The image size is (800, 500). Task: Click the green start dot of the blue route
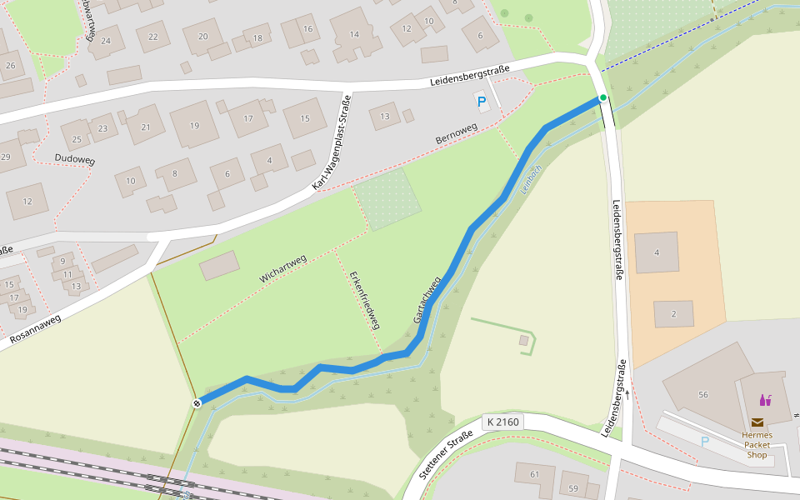click(602, 98)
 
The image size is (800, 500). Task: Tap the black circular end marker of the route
click(197, 403)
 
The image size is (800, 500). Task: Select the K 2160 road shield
click(502, 422)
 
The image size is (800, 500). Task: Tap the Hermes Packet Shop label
click(757, 445)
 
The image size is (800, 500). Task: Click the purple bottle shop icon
click(765, 400)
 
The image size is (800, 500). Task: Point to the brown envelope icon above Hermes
click(757, 422)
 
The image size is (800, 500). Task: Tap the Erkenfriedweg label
click(365, 301)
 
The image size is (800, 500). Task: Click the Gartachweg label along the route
click(426, 301)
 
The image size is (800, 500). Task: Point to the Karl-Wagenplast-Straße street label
click(332, 142)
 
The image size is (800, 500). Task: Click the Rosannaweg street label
click(35, 329)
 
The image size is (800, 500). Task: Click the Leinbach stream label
click(531, 178)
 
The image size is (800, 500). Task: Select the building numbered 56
click(703, 394)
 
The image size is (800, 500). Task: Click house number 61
click(534, 474)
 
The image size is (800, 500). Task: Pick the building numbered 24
click(106, 40)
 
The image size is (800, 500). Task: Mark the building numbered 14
click(354, 34)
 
